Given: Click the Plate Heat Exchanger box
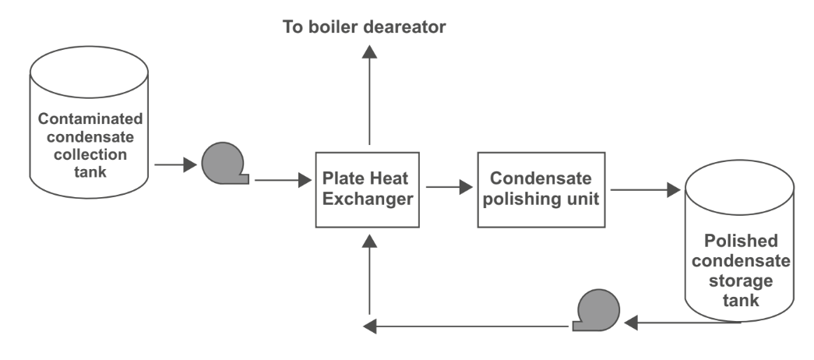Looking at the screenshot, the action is (368, 189).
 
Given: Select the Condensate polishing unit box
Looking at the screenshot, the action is (541, 189).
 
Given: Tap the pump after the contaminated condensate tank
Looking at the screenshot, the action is (225, 164).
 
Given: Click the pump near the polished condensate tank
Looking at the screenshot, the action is (597, 310).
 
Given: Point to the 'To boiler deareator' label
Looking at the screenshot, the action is (364, 27).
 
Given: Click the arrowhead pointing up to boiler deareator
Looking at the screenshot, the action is (370, 51).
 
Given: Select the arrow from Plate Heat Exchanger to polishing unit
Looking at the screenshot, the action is (449, 187).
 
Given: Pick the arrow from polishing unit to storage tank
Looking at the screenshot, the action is (645, 189).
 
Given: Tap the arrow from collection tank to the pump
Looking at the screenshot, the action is (175, 164).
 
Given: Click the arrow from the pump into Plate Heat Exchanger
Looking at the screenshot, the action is (283, 180).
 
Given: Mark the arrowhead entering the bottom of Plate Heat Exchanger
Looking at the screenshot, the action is (370, 241).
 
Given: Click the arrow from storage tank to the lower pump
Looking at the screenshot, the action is (682, 323).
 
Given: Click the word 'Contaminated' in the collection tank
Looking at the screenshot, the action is (90, 119).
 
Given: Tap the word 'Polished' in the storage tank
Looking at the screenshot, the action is (741, 241).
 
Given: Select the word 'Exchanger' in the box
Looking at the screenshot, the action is (368, 199).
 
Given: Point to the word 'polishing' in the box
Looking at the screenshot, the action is (520, 199).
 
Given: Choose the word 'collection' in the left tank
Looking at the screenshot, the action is (90, 154).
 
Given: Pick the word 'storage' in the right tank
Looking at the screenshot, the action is (741, 281).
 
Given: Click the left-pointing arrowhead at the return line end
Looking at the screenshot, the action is (369, 326).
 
